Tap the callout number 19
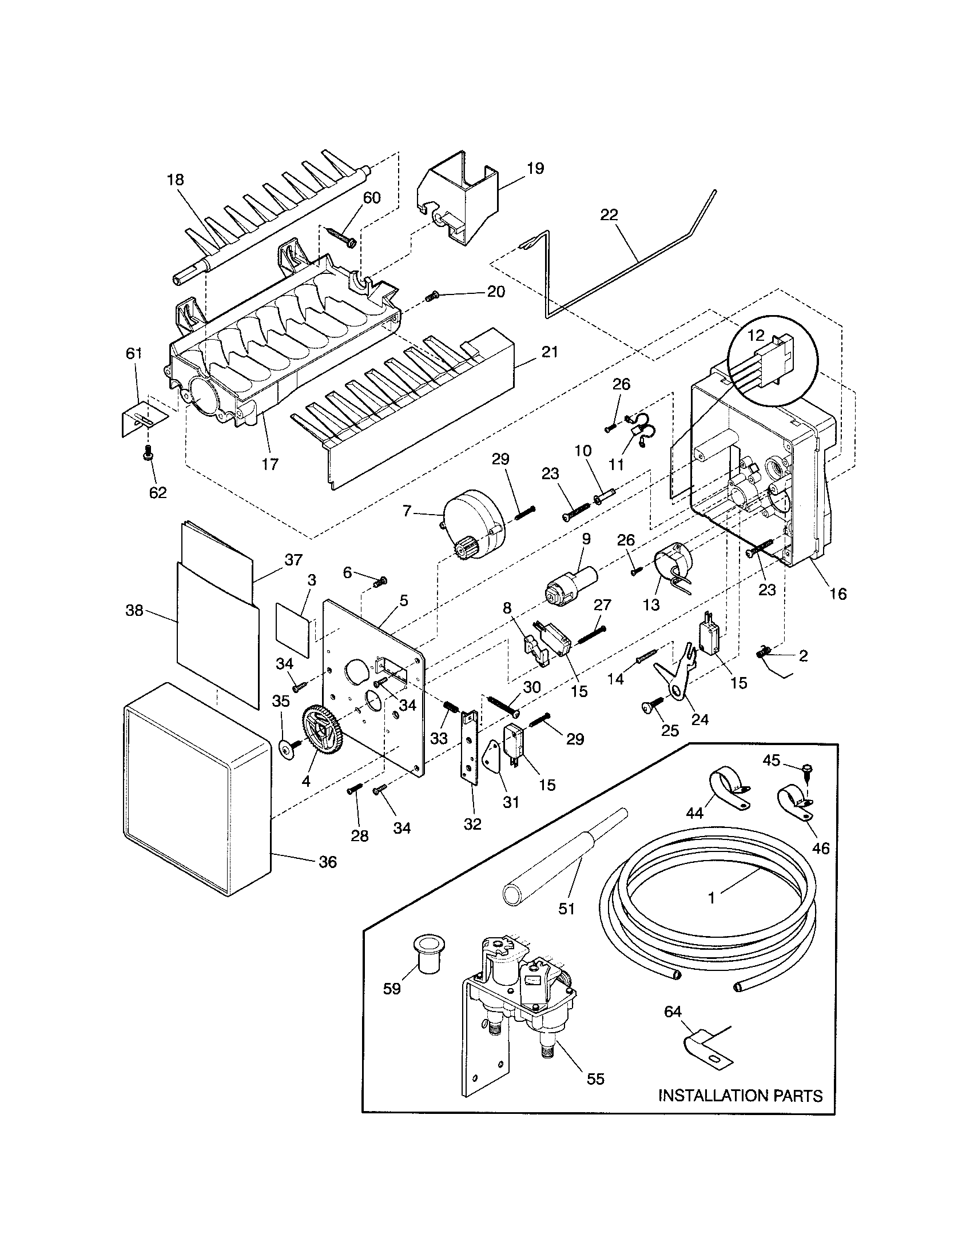(x=535, y=169)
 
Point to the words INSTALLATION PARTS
(x=740, y=1095)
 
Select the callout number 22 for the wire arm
(x=609, y=215)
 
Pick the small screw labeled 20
(x=432, y=296)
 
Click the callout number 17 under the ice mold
(x=270, y=464)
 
